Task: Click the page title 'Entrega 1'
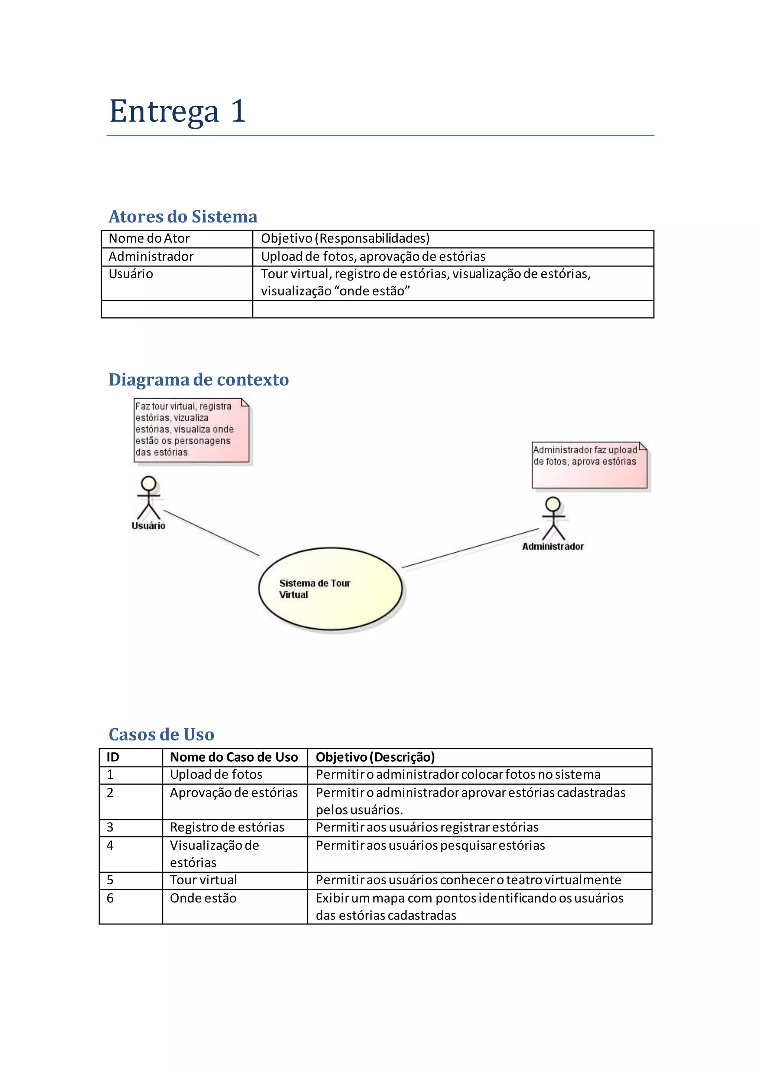click(178, 111)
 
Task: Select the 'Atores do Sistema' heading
click(183, 217)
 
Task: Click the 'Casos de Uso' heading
click(161, 734)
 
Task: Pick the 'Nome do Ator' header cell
click(149, 239)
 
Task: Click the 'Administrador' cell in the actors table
click(151, 257)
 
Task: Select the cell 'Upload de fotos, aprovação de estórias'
click(373, 257)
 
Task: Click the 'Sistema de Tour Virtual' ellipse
click(330, 589)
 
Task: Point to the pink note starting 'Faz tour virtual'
click(191, 430)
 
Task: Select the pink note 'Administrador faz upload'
click(589, 465)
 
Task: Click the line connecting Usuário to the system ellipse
click(211, 533)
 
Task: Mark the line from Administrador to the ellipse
click(470, 548)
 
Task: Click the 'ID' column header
click(113, 757)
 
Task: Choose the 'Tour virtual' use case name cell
click(203, 880)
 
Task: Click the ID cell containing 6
click(110, 898)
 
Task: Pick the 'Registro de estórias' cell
click(227, 827)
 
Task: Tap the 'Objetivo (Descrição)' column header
click(375, 757)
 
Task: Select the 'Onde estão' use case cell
click(203, 898)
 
